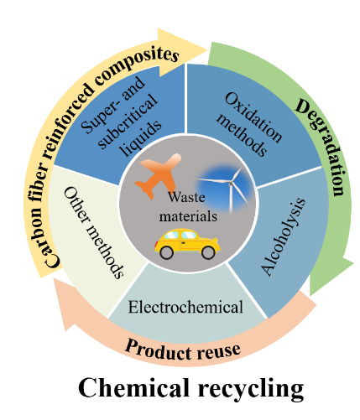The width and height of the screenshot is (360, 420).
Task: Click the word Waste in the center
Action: tap(186, 197)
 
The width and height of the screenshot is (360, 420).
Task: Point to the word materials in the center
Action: tap(188, 216)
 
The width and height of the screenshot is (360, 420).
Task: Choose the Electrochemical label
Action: tap(185, 307)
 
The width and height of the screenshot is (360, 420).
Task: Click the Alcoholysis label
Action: tap(283, 237)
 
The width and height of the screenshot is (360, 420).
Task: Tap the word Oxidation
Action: tap(253, 117)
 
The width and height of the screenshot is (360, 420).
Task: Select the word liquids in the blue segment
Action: tap(141, 138)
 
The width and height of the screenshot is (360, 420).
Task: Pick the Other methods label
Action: tap(94, 232)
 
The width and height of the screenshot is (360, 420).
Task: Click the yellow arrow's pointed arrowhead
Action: tap(206, 50)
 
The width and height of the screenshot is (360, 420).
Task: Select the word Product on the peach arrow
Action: tap(157, 350)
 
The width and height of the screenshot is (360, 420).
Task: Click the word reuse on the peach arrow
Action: tap(219, 351)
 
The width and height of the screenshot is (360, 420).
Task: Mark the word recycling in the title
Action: tap(251, 390)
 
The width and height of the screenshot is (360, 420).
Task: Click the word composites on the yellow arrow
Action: tap(137, 65)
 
